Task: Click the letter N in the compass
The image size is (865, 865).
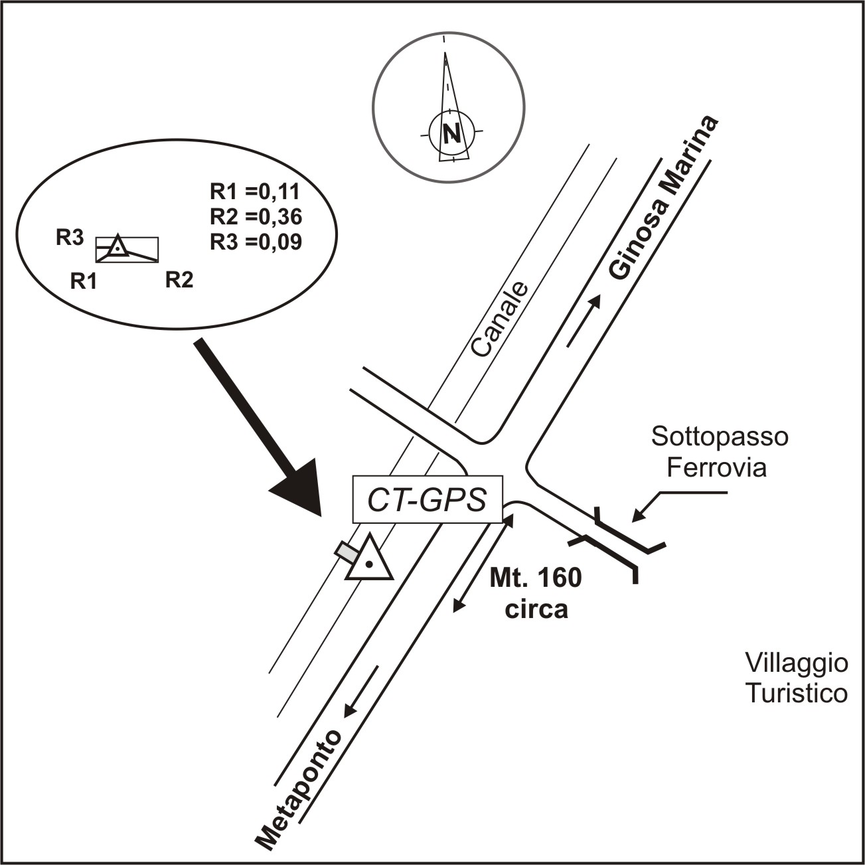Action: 452,134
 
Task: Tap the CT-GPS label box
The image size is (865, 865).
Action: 427,500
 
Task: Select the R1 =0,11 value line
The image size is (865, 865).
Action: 255,192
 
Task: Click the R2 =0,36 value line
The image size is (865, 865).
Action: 256,217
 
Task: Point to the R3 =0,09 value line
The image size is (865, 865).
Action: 256,242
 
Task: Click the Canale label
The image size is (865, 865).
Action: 500,319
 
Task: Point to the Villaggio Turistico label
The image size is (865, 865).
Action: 796,678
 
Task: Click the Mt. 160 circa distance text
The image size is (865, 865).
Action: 536,593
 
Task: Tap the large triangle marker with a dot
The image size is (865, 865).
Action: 368,561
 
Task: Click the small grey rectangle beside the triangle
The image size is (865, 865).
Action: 346,551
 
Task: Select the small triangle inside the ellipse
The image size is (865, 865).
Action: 117,247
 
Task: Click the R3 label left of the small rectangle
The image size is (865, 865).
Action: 69,238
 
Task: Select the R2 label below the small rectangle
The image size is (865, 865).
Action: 179,280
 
